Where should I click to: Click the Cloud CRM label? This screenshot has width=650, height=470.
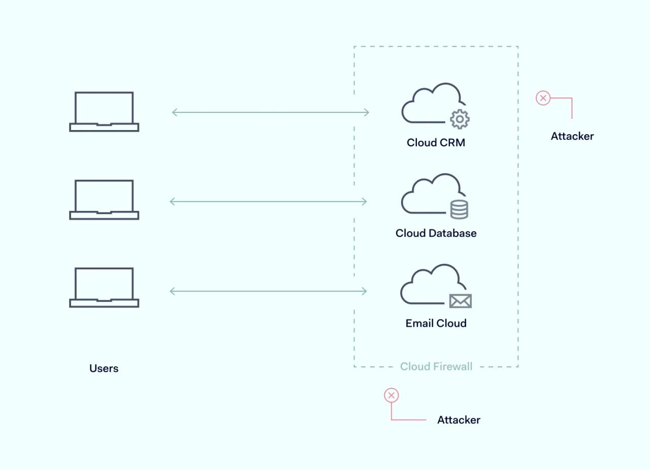pyautogui.click(x=436, y=143)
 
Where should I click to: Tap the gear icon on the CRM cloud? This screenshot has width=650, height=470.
pyautogui.click(x=460, y=119)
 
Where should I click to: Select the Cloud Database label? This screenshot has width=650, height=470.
pyautogui.click(x=436, y=233)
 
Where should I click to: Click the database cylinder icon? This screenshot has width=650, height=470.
pyautogui.click(x=459, y=209)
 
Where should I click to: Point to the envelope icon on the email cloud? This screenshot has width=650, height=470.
pyautogui.click(x=461, y=301)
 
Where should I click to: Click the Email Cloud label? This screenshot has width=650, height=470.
pyautogui.click(x=436, y=323)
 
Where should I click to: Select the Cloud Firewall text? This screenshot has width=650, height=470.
pyautogui.click(x=436, y=366)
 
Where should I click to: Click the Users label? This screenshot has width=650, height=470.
pyautogui.click(x=104, y=368)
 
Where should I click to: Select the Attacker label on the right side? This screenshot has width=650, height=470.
pyautogui.click(x=572, y=136)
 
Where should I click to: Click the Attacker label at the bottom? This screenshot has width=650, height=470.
pyautogui.click(x=459, y=420)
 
